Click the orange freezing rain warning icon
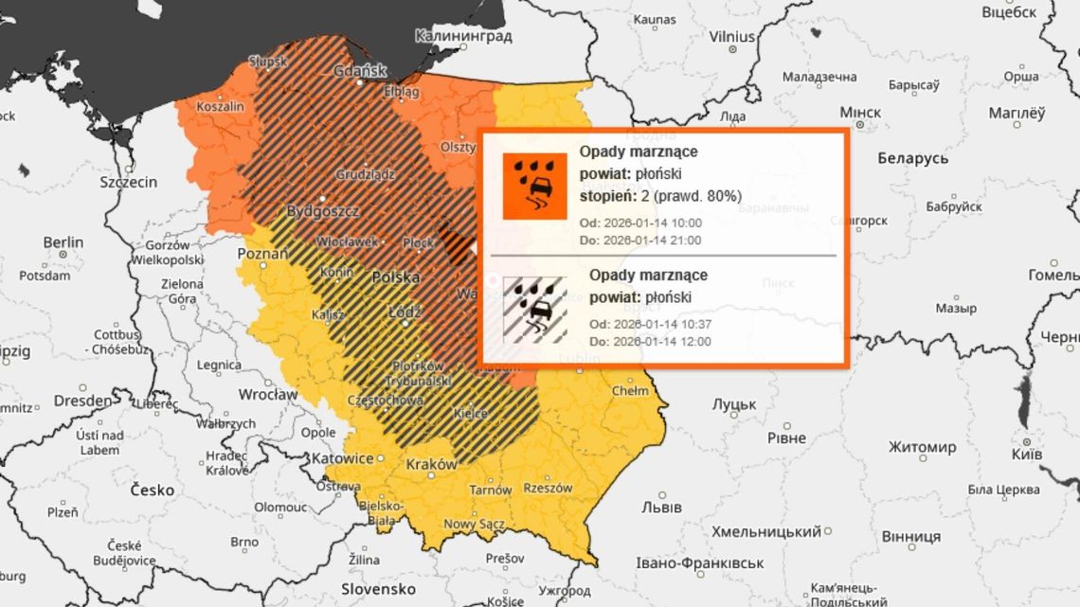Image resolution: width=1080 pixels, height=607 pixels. (x=534, y=187)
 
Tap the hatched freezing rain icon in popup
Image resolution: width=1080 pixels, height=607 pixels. (x=534, y=309)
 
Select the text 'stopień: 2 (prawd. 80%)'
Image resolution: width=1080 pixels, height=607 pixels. (x=660, y=196)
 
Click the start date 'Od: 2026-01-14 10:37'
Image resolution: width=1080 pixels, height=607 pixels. (x=650, y=324)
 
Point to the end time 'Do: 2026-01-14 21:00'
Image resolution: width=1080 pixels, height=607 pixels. (x=639, y=241)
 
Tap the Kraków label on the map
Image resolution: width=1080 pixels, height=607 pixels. (x=431, y=465)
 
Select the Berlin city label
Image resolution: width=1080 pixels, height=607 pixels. (x=63, y=242)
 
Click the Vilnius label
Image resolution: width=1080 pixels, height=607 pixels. (x=730, y=36)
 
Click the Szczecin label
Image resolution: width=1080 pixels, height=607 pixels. (x=129, y=181)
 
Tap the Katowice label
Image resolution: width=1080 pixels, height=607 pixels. (x=342, y=458)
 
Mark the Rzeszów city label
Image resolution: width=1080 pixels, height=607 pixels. (x=548, y=489)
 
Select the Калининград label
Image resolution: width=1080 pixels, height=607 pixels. (x=463, y=36)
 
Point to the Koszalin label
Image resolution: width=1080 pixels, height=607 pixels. (x=219, y=107)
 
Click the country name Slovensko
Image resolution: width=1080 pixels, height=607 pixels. (x=378, y=588)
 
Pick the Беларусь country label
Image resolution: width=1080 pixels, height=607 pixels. (x=912, y=157)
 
